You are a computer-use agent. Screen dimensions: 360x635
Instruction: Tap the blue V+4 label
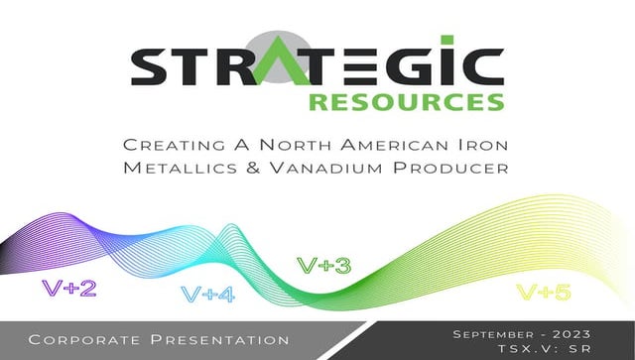(208, 295)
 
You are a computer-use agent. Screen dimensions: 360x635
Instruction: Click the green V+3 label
(324, 265)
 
